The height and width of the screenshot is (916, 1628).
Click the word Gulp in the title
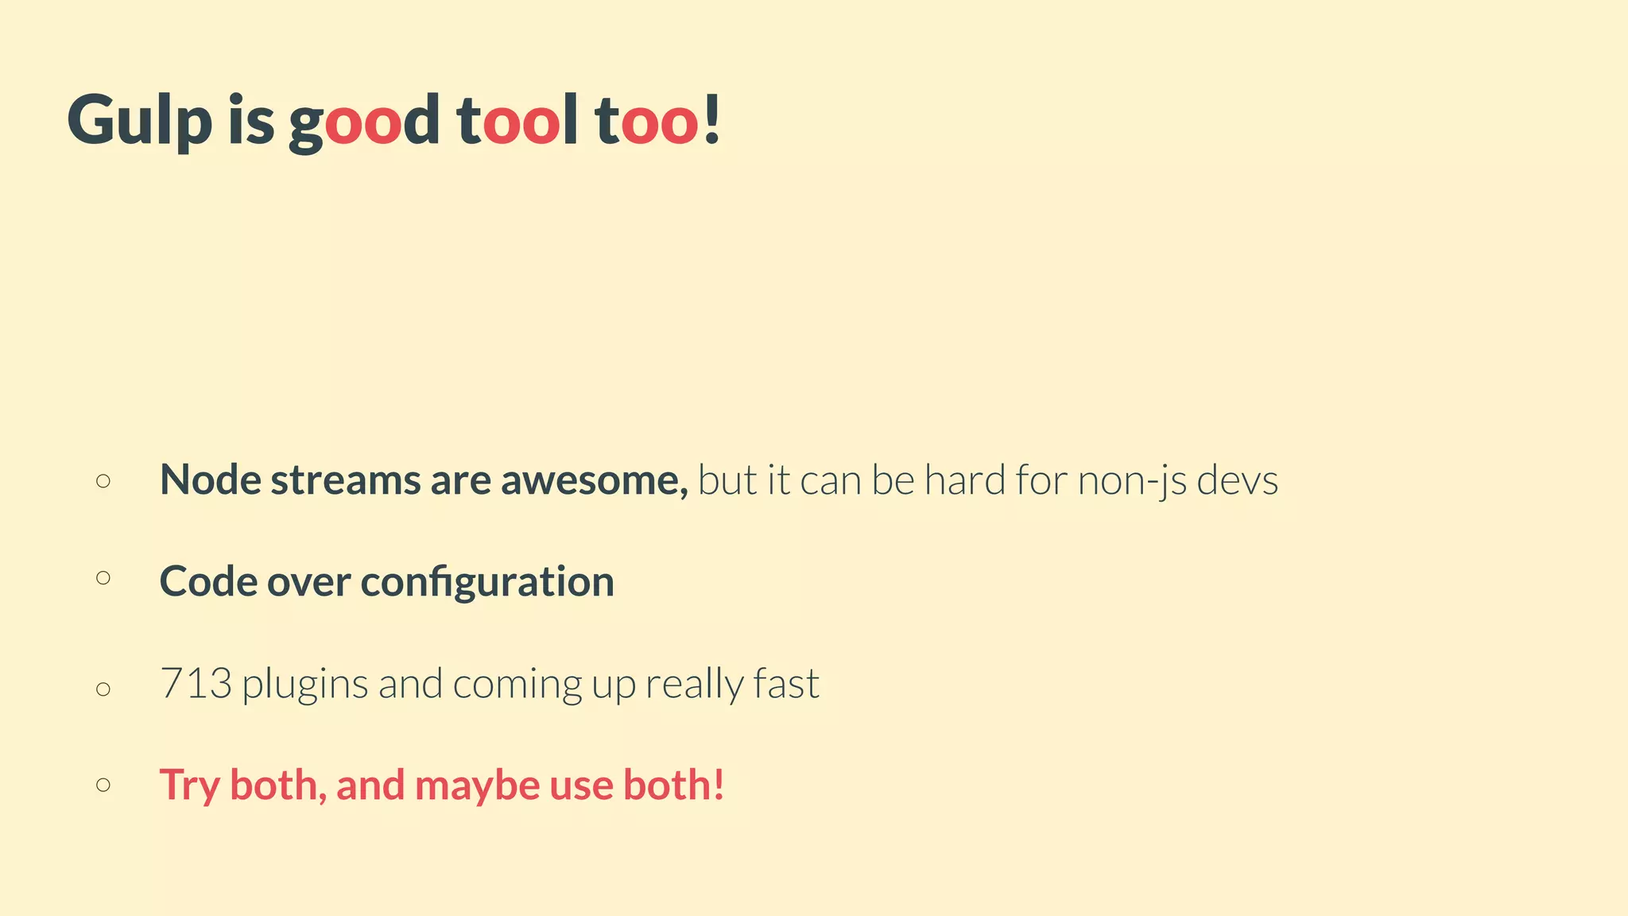click(140, 121)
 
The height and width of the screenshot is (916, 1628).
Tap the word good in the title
click(363, 121)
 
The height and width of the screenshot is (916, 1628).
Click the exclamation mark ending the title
click(711, 119)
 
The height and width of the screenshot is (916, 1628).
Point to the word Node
click(210, 480)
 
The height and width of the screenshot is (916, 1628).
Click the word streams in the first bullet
click(345, 480)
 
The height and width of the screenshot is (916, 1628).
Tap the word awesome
click(593, 480)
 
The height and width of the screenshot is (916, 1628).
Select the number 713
click(196, 684)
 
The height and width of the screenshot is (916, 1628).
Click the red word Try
click(189, 786)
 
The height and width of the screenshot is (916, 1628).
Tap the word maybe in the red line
click(477, 786)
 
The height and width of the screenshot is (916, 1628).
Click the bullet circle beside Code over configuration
click(103, 578)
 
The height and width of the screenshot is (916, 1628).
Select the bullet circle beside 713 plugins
click(103, 689)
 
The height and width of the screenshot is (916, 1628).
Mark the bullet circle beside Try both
click(103, 786)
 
